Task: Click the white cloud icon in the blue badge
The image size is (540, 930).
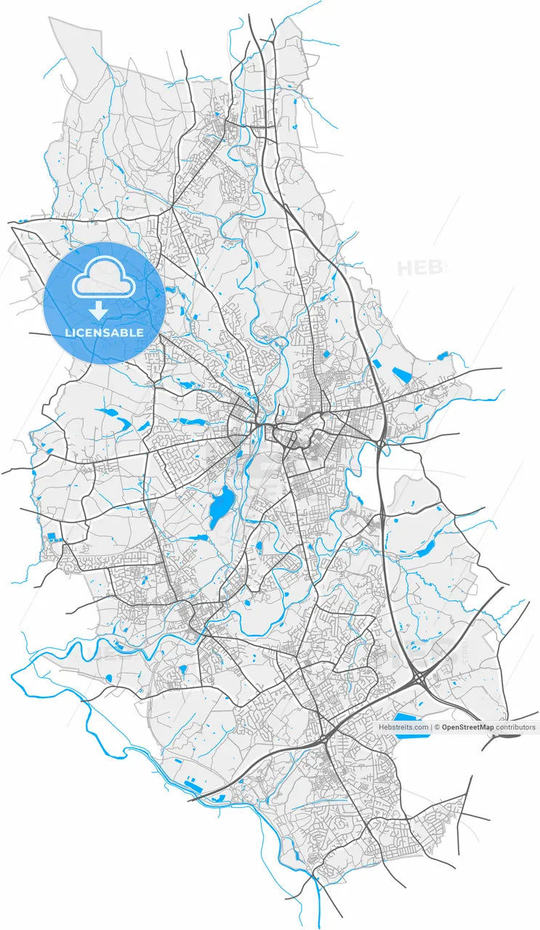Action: tap(104, 279)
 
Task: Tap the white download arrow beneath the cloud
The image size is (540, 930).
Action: tap(100, 312)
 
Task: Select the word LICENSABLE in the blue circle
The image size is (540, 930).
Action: tap(104, 333)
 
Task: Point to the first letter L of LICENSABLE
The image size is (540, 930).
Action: tap(68, 333)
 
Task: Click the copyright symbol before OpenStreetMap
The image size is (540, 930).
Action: tap(438, 727)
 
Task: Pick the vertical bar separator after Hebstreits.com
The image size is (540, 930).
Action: tap(431, 727)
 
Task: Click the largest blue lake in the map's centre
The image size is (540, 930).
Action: tap(221, 506)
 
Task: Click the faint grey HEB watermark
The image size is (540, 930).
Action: tap(419, 267)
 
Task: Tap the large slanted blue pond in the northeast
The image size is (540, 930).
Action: tap(401, 375)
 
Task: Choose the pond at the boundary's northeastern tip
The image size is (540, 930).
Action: tap(443, 355)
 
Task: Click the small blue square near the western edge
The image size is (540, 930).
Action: tap(52, 538)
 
